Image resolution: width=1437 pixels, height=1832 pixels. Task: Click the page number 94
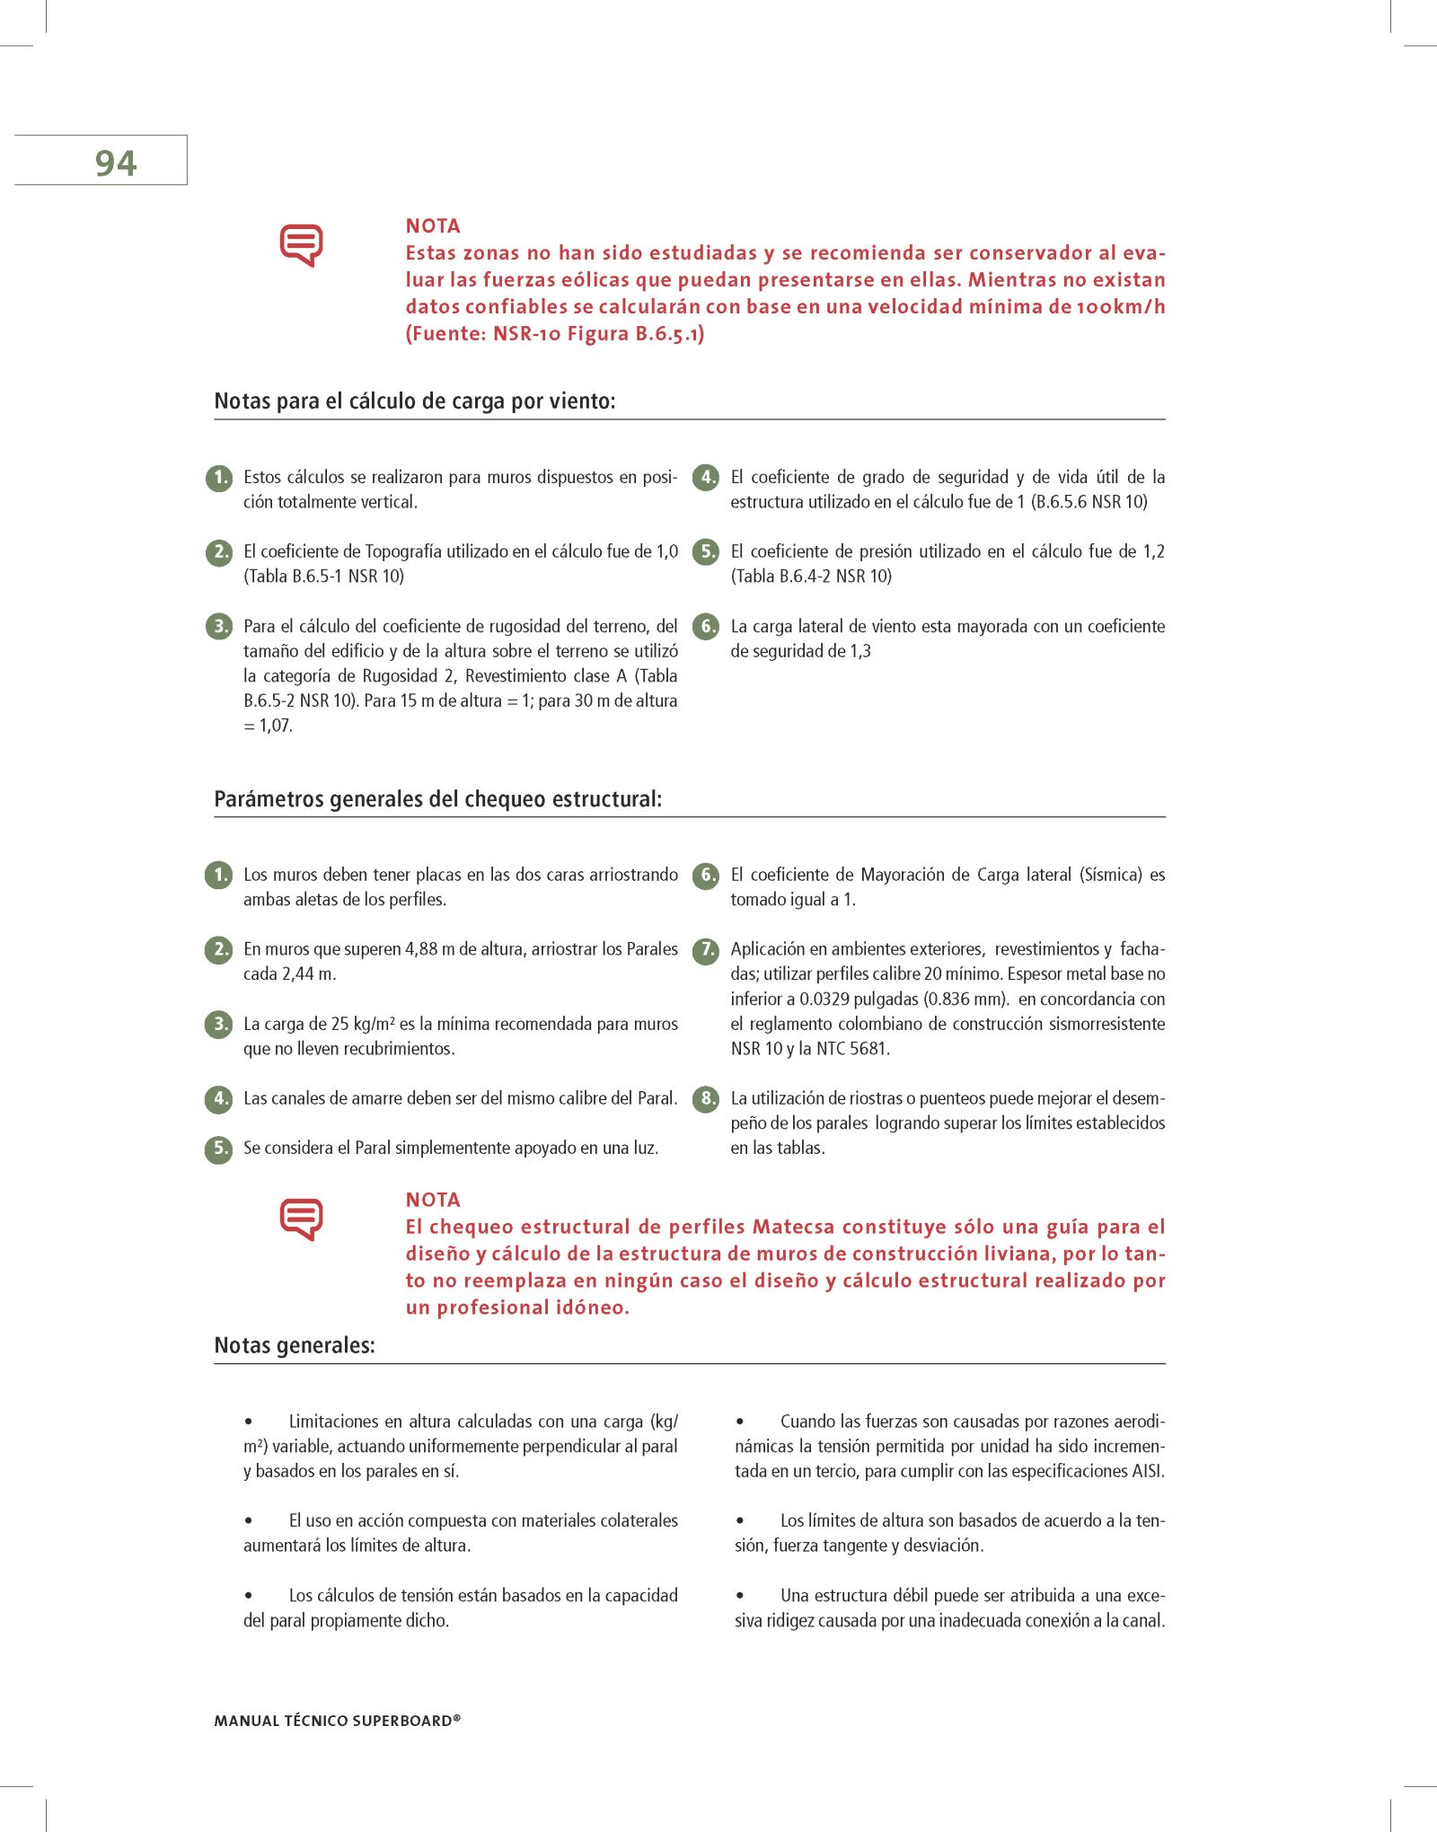[x=116, y=163]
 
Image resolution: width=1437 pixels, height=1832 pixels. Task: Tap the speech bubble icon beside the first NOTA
[x=302, y=244]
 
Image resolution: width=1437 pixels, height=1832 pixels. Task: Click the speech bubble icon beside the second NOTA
[x=302, y=1219]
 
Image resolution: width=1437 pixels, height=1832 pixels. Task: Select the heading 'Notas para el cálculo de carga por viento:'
[x=415, y=401]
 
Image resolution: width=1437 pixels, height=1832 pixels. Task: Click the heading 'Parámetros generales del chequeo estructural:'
[x=438, y=798]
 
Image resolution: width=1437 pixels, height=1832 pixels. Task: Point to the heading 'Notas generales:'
[x=295, y=1345]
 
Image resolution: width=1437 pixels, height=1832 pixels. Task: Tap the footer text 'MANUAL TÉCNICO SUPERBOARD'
[x=337, y=1721]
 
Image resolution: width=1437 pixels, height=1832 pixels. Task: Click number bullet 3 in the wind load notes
[x=219, y=626]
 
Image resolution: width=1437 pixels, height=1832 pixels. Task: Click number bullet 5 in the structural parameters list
[x=219, y=1148]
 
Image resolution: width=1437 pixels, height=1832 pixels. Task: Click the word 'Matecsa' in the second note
[x=793, y=1227]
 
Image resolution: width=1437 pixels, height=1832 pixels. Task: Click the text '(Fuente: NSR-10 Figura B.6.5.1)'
[x=555, y=333]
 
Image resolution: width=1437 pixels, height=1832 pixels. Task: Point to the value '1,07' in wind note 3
[x=276, y=726]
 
